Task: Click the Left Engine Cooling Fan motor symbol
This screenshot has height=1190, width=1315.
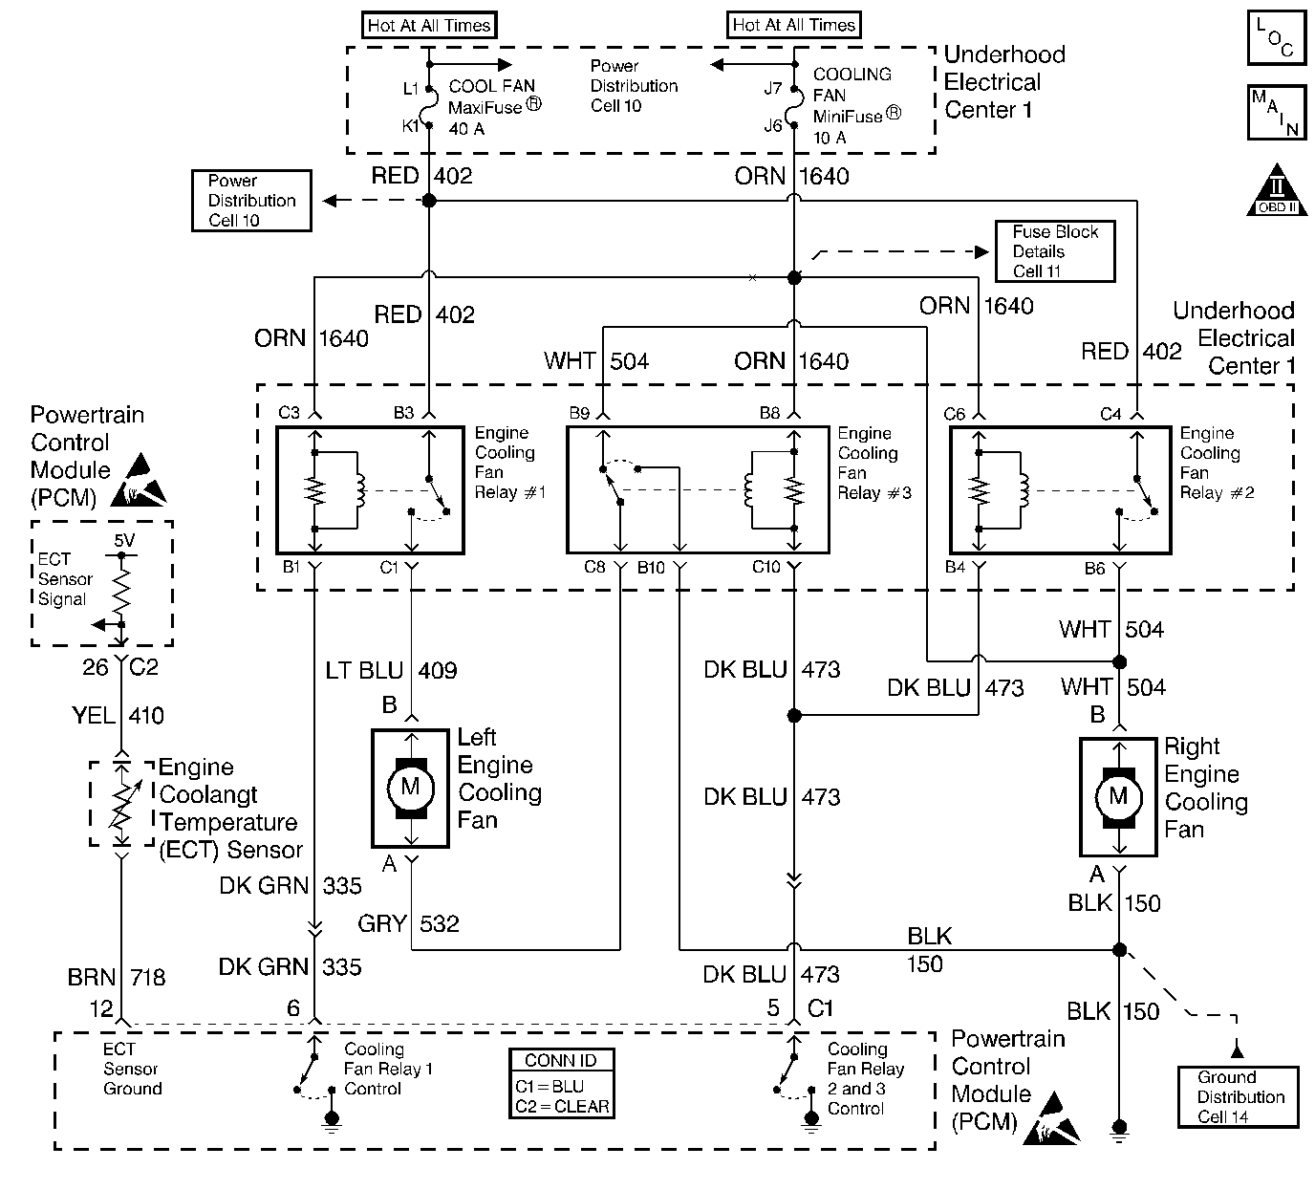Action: pos(410,788)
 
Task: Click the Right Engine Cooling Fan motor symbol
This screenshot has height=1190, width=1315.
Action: pos(1119,796)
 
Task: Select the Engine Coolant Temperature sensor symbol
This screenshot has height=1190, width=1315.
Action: pos(121,804)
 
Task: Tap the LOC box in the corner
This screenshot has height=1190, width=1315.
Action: pos(1276,38)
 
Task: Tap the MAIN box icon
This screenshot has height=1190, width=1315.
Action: pos(1276,113)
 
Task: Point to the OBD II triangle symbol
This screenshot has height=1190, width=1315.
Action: pos(1277,192)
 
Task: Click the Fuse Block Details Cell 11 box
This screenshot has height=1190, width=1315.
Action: pos(1055,251)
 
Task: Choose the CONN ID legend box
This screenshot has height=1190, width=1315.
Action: pos(561,1084)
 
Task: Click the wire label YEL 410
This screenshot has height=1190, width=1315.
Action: pos(118,715)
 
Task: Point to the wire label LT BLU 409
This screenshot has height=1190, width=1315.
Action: pos(391,671)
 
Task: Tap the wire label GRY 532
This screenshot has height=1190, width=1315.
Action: pos(408,924)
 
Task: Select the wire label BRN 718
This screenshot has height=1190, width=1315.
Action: pos(117,978)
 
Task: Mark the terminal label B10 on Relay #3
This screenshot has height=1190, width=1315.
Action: pos(651,568)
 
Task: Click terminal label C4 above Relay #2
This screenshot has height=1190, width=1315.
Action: pos(1110,415)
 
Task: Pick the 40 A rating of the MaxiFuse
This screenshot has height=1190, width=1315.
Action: pos(466,129)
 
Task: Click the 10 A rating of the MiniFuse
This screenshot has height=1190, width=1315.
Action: pos(830,138)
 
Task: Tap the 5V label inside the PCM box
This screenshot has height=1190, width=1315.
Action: pos(124,540)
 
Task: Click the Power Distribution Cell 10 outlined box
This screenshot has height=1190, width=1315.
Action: pos(251,201)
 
